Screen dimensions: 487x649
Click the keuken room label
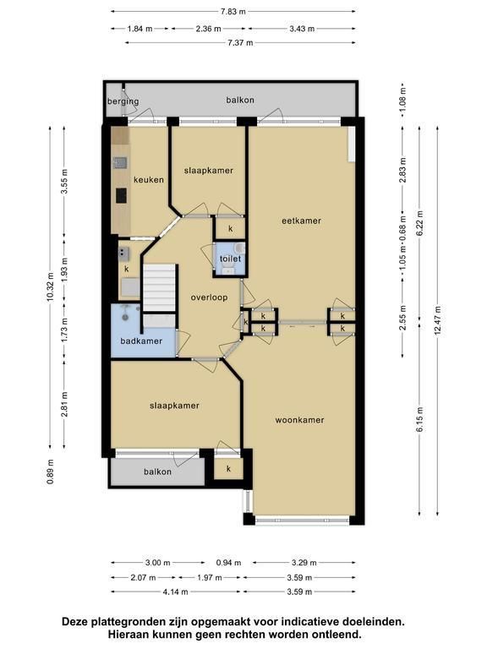tap(149, 180)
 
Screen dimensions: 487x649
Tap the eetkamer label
tap(302, 221)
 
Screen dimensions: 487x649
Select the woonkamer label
tap(300, 420)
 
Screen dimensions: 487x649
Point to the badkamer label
tap(141, 341)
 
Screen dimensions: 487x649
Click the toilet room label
tap(230, 259)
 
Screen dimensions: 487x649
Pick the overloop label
tap(209, 297)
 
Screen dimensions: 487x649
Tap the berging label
tap(123, 101)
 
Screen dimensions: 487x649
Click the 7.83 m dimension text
tap(233, 12)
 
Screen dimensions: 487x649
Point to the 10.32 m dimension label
tap(51, 286)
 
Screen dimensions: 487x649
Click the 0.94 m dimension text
tap(228, 563)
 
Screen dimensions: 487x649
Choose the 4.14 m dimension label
tap(176, 592)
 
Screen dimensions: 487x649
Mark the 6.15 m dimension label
tap(420, 420)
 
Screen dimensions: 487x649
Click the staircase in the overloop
tap(160, 287)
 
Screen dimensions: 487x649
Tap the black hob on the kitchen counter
tap(121, 195)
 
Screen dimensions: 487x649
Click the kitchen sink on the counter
tap(121, 162)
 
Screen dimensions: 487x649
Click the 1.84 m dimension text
tap(140, 29)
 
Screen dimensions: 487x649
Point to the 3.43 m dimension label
tap(302, 29)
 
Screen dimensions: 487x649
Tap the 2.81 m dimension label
tap(64, 405)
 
